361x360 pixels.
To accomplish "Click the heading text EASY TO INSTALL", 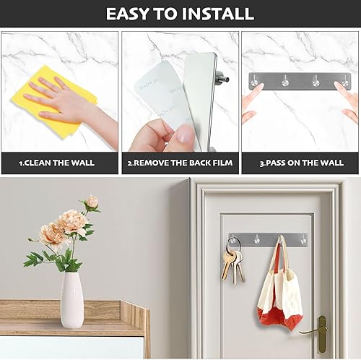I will point(180,13).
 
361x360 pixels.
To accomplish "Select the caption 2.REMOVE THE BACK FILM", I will point(180,163).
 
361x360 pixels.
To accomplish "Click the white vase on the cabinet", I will point(71,300).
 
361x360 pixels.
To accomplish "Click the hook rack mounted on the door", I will point(268,239).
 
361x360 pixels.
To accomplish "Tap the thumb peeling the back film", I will point(184,134).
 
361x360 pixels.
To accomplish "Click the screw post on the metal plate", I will point(225,73).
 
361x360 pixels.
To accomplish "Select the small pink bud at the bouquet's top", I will point(92,202).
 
